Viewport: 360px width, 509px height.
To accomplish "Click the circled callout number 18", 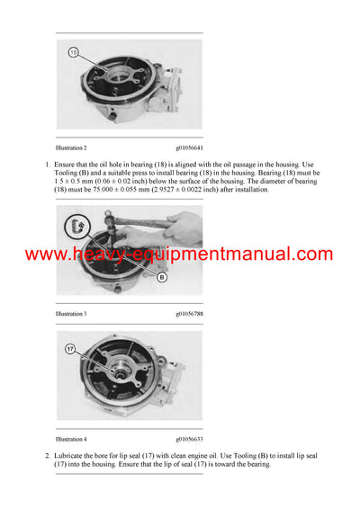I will pyautogui.click(x=75, y=52).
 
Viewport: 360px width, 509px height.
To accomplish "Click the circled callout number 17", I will pyautogui.click(x=69, y=348).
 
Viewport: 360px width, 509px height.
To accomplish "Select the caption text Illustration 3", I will pyautogui.click(x=71, y=314).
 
